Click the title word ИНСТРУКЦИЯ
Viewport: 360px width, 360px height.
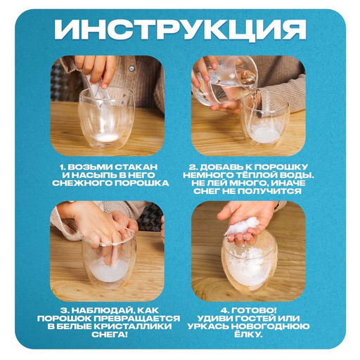point(180,30)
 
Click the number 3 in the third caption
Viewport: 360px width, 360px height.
point(63,309)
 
